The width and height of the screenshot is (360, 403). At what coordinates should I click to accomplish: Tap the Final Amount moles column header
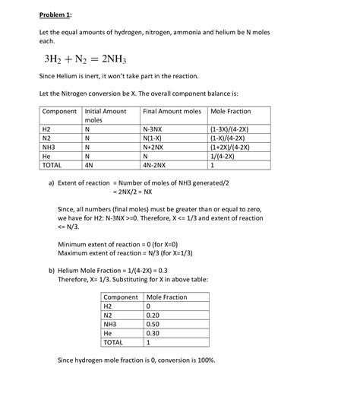(x=172, y=112)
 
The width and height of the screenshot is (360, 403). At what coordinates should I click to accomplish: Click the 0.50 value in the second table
(x=153, y=323)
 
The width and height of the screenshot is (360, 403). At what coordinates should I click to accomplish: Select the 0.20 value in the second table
(x=153, y=315)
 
